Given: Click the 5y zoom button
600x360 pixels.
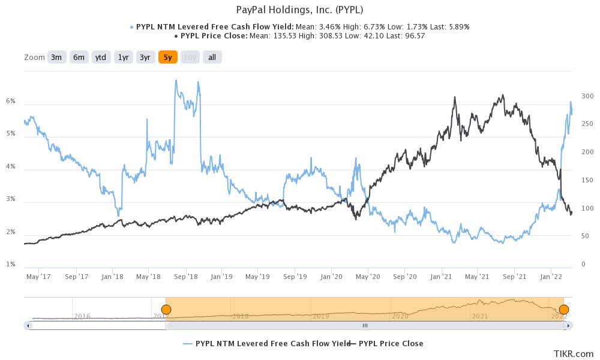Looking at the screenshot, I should [x=167, y=57].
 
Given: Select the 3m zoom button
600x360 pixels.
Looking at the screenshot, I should [x=56, y=57].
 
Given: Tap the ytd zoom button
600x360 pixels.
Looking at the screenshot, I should [x=101, y=57].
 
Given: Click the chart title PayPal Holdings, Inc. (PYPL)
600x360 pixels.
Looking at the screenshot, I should [x=300, y=10].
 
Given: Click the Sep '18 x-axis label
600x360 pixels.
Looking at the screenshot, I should [x=186, y=277].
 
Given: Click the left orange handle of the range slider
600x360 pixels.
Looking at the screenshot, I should [x=166, y=310].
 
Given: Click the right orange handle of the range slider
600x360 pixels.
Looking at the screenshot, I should [x=563, y=310].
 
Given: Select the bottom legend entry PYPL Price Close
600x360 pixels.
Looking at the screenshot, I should [x=391, y=344].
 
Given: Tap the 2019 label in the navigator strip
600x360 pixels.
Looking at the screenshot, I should [x=320, y=316].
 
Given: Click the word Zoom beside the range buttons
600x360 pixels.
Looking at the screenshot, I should [x=34, y=57].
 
